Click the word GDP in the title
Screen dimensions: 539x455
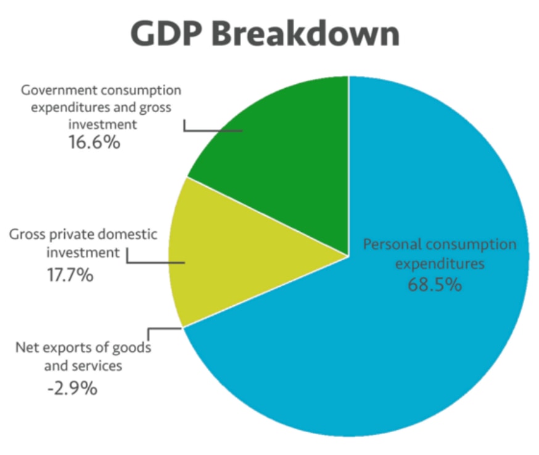(166, 33)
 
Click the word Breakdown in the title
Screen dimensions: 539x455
(305, 33)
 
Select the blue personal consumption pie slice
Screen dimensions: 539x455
(395, 327)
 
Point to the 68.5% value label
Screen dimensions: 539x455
(435, 285)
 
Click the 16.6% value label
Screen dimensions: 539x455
(94, 142)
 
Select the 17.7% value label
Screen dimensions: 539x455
(70, 275)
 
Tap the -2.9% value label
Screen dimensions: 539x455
(72, 388)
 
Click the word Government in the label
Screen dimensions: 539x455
(59, 90)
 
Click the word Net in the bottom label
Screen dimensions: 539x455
(27, 348)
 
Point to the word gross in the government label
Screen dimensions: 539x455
(155, 108)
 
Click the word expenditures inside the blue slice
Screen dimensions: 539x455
(440, 264)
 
